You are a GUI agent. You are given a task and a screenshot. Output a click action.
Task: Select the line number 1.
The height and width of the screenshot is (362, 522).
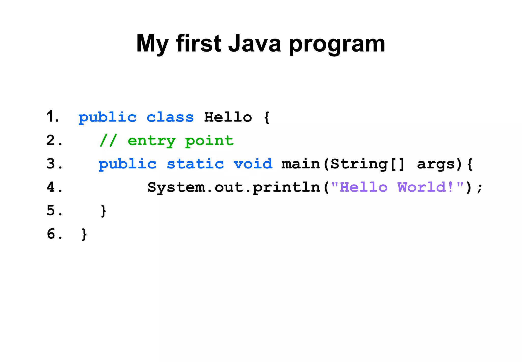[53, 117]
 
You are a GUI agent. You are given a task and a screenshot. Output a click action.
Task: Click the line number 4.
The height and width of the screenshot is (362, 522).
[54, 187]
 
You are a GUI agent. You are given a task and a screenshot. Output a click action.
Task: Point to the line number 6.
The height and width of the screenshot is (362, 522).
[54, 234]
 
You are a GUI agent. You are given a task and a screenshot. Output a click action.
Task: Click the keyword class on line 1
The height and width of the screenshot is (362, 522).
[170, 117]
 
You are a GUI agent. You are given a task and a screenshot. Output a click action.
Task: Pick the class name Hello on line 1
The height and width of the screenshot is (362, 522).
[228, 117]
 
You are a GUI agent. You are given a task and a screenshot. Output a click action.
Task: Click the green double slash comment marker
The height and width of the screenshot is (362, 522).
[108, 141]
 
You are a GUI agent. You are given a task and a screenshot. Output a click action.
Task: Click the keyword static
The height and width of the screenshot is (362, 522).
[195, 164]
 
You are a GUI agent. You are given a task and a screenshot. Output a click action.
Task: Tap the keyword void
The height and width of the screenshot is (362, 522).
[253, 164]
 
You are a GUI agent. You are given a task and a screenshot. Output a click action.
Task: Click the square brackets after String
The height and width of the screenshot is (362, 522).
[397, 164]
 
